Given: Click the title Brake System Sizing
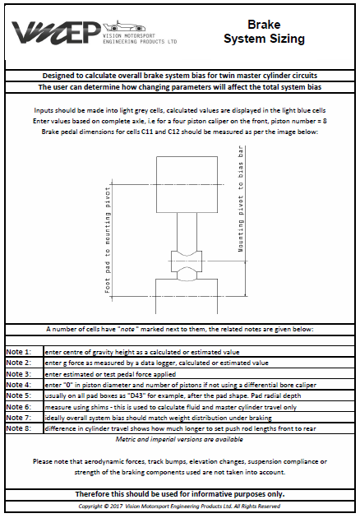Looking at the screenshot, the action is [x=264, y=32].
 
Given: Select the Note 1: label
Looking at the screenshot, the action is [x=19, y=352].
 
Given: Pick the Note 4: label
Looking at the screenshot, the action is [x=19, y=384].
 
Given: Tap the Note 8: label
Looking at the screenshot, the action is [x=19, y=427].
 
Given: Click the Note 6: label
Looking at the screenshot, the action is [x=19, y=405].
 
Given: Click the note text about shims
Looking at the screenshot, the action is [x=164, y=405].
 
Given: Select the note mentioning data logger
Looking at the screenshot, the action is [x=156, y=363].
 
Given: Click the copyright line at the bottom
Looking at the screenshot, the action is [x=180, y=506].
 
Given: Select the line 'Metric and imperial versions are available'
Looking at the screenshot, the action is [x=180, y=438].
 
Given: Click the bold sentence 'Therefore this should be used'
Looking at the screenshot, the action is [x=180, y=494].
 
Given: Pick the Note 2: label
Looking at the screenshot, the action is [x=19, y=363].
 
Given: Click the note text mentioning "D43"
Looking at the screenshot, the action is [x=156, y=395].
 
